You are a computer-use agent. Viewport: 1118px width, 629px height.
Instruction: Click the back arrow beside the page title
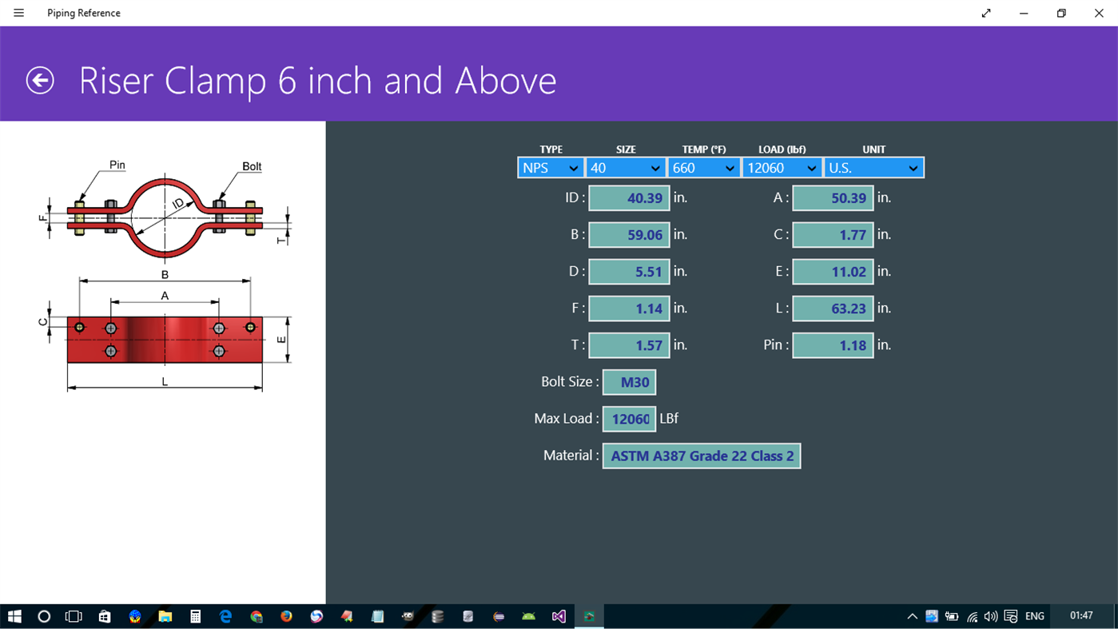40,80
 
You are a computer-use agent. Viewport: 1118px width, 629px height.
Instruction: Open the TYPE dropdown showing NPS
551,168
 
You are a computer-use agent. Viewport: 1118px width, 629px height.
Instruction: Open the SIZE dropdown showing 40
625,168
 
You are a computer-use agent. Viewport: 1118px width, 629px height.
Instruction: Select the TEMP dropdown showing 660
703,168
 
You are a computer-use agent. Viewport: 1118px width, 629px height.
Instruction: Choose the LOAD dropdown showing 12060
782,168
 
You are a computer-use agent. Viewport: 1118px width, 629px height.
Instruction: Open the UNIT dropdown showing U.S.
873,168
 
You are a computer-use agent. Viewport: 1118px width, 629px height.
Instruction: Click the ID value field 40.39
629,198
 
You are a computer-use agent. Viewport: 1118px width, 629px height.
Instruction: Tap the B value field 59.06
629,235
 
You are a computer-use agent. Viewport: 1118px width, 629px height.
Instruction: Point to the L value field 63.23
833,309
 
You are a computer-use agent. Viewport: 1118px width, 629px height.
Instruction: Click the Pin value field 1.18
833,345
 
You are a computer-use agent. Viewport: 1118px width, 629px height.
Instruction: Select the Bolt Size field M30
629,382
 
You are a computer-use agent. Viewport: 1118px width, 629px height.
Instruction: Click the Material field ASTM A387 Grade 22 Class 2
701,456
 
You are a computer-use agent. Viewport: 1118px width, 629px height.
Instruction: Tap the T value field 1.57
629,345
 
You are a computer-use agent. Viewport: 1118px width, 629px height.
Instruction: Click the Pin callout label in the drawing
117,165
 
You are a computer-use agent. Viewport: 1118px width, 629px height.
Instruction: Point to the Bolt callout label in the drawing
252,166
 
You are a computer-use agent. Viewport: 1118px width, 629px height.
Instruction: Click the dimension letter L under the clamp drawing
165,382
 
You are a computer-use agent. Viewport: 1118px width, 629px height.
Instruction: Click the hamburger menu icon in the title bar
19,13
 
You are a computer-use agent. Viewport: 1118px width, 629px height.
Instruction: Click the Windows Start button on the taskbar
14,616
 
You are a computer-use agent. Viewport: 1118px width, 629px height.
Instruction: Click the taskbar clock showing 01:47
1080,615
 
